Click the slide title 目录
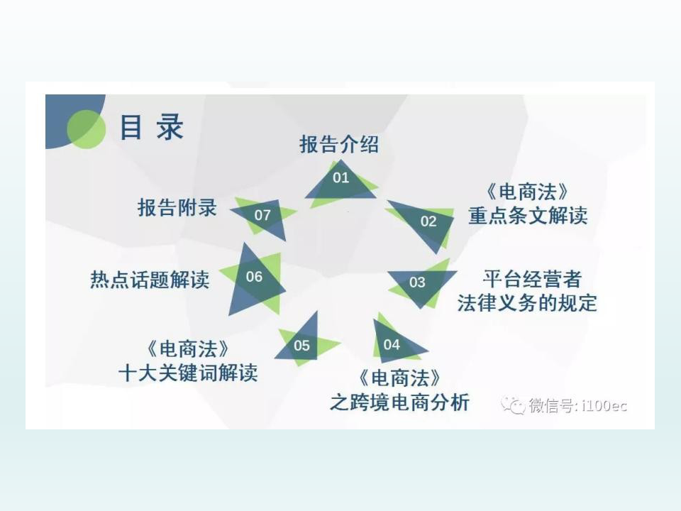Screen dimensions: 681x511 point(151,127)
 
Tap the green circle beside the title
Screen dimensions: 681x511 point(87,129)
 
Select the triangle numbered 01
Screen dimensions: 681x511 point(341,182)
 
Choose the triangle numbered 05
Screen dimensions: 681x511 point(306,341)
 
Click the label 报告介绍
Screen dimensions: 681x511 point(339,144)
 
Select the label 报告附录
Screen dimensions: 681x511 point(177,207)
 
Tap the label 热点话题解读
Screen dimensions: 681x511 point(150,280)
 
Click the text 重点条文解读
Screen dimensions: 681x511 point(528,216)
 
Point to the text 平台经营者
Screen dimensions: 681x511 point(532,279)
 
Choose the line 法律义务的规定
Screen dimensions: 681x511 point(527,303)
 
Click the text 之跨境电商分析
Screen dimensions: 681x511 point(399,402)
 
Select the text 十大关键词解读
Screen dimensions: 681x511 point(188,373)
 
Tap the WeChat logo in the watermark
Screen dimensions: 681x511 point(513,405)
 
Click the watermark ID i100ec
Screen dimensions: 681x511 point(604,405)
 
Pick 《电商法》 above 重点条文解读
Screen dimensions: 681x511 point(528,192)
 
